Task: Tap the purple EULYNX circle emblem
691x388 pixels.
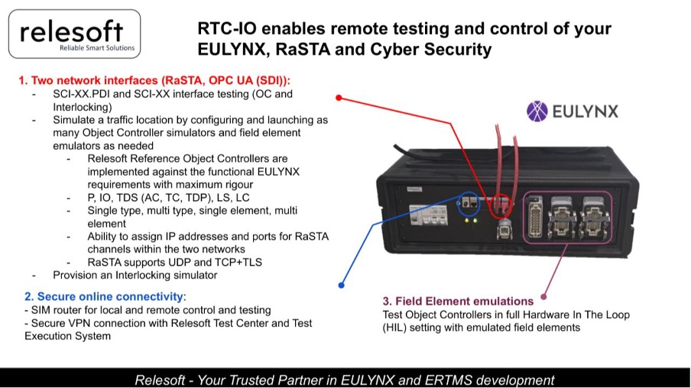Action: tap(537, 111)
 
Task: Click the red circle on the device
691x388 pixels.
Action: tap(501, 205)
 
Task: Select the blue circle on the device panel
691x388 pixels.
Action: tap(469, 204)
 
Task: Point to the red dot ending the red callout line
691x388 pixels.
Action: tap(339, 97)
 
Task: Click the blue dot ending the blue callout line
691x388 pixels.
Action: tap(341, 286)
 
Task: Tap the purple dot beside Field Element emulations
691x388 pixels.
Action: tap(543, 297)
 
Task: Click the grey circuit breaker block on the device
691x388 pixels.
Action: tap(425, 215)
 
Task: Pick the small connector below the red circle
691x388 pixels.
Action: tap(504, 229)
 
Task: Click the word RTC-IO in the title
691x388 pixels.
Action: tap(226, 28)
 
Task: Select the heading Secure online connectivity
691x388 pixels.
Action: tap(110, 296)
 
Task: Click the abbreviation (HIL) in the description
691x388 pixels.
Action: tap(394, 328)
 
